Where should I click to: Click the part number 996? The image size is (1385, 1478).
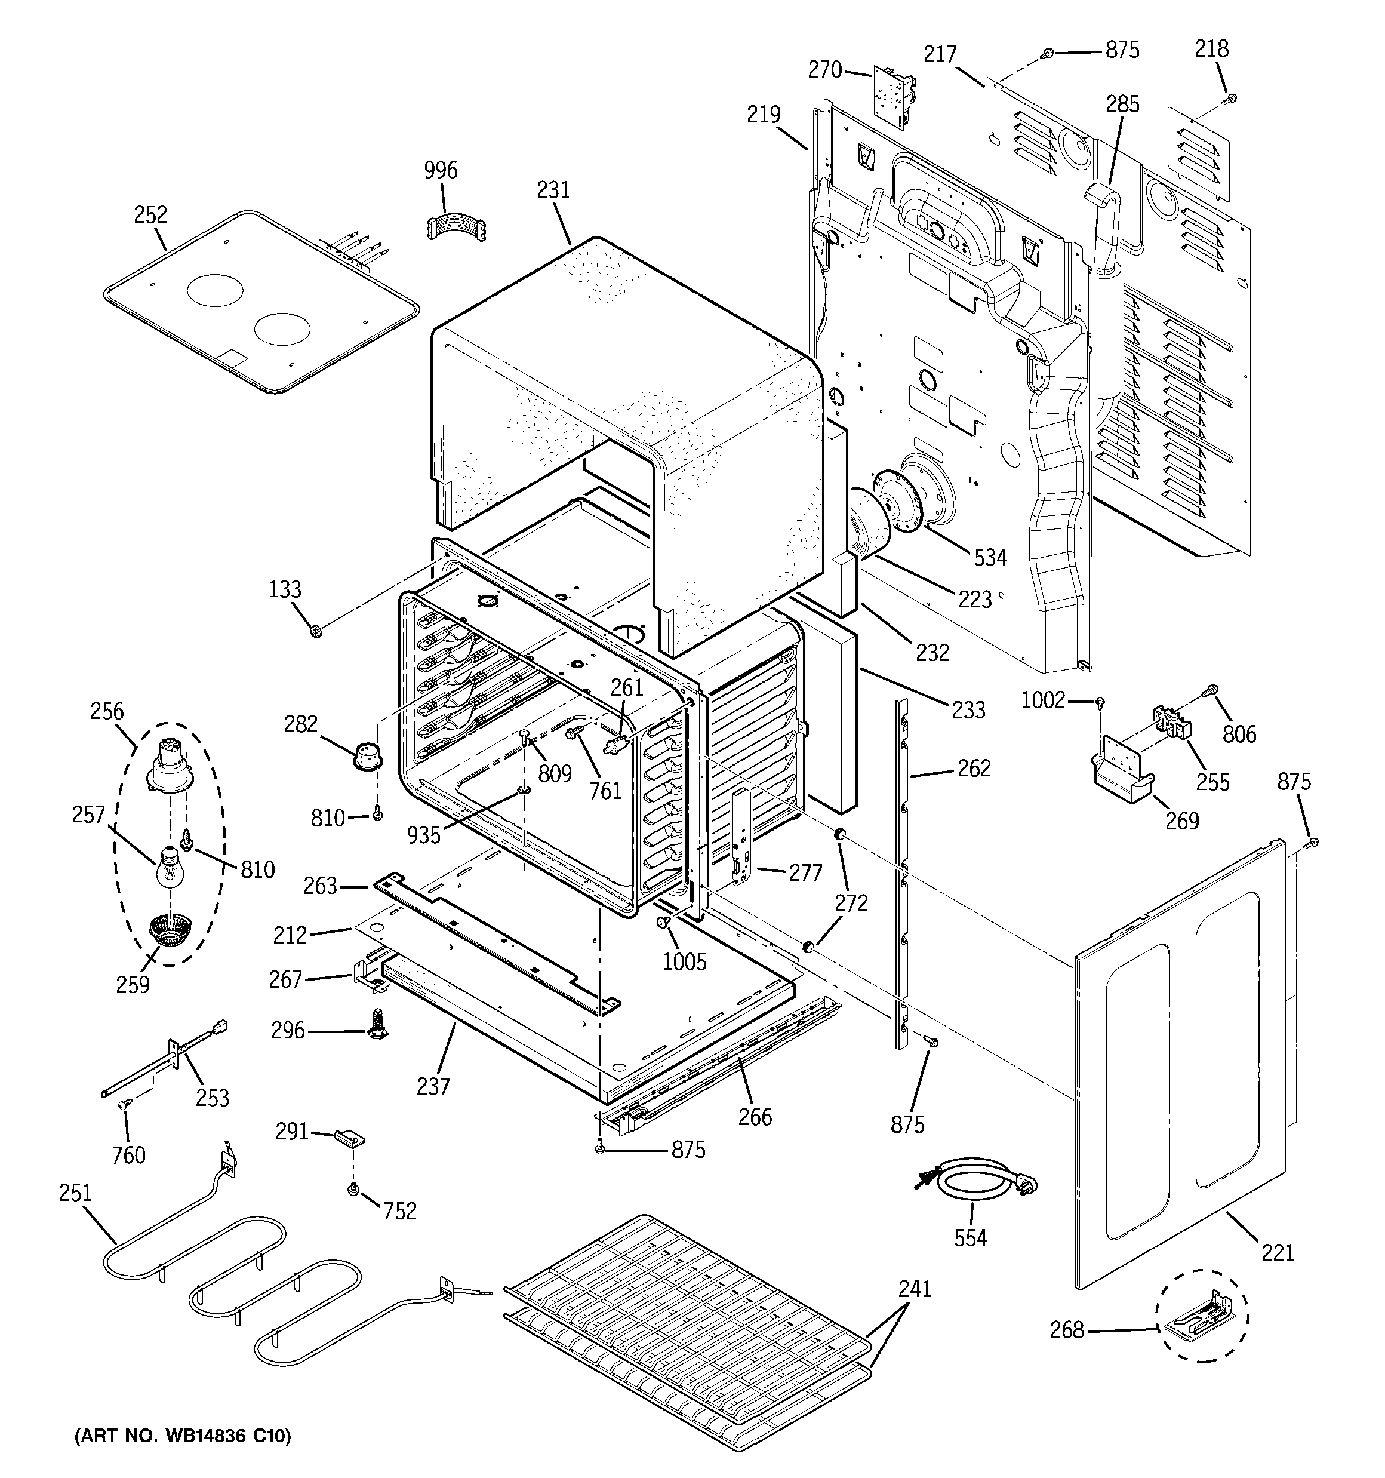(x=441, y=170)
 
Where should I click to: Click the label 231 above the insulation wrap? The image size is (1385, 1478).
(x=553, y=190)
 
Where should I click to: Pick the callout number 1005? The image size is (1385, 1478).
(x=685, y=962)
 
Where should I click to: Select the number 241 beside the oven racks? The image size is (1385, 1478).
(x=915, y=1289)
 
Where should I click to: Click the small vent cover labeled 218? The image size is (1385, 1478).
(x=1195, y=148)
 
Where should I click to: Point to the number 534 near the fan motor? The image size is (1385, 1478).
(x=990, y=557)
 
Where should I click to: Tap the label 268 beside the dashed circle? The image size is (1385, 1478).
(x=1067, y=1330)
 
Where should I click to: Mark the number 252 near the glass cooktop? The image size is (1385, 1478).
(x=150, y=215)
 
